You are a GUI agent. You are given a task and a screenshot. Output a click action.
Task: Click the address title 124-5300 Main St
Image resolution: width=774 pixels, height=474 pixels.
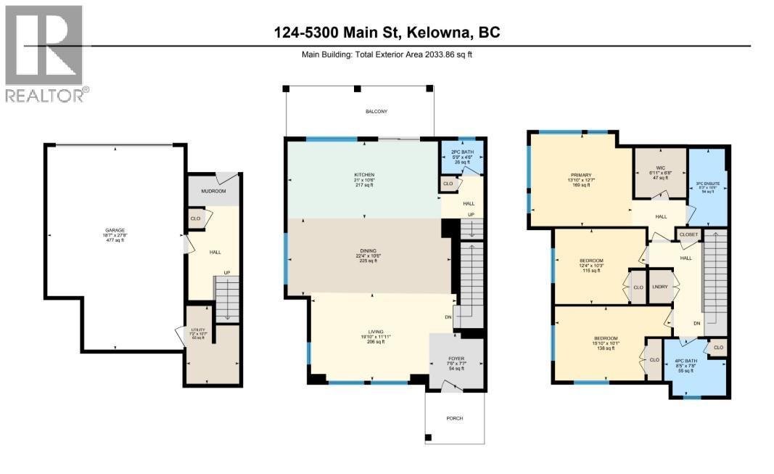tap(387, 33)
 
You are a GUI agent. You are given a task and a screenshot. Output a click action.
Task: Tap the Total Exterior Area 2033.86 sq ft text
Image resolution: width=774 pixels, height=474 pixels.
tap(387, 54)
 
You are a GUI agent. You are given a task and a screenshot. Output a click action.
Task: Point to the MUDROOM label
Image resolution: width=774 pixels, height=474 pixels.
tap(214, 191)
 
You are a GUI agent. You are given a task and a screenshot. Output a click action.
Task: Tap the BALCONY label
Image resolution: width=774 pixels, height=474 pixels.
tap(376, 111)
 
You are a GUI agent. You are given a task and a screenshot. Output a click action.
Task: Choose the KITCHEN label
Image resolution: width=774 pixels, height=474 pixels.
tap(364, 176)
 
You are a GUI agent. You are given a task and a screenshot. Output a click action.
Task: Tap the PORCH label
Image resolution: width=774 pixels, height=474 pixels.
tap(454, 418)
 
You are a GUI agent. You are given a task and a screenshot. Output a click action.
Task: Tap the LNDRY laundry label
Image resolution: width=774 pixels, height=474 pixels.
tap(659, 286)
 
